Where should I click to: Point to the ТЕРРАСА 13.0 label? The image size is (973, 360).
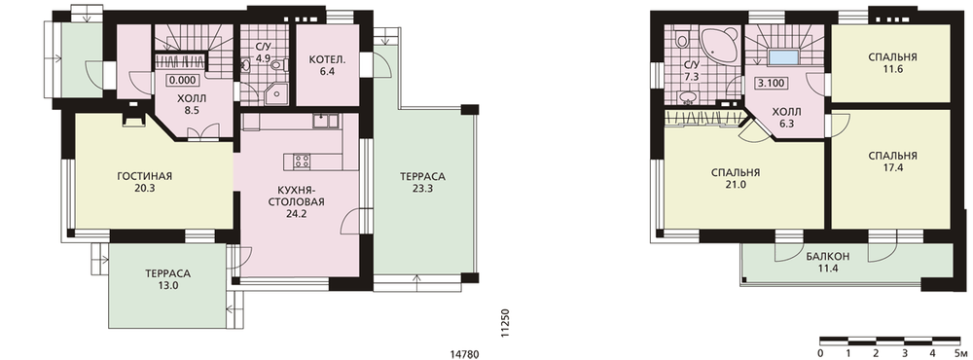click(x=167, y=279)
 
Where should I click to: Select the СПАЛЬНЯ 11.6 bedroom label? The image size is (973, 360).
click(x=893, y=63)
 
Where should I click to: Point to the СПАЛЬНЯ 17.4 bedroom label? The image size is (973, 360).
click(x=893, y=162)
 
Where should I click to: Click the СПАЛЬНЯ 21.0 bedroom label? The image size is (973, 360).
click(x=736, y=179)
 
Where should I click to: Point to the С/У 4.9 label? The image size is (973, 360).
click(x=262, y=53)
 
